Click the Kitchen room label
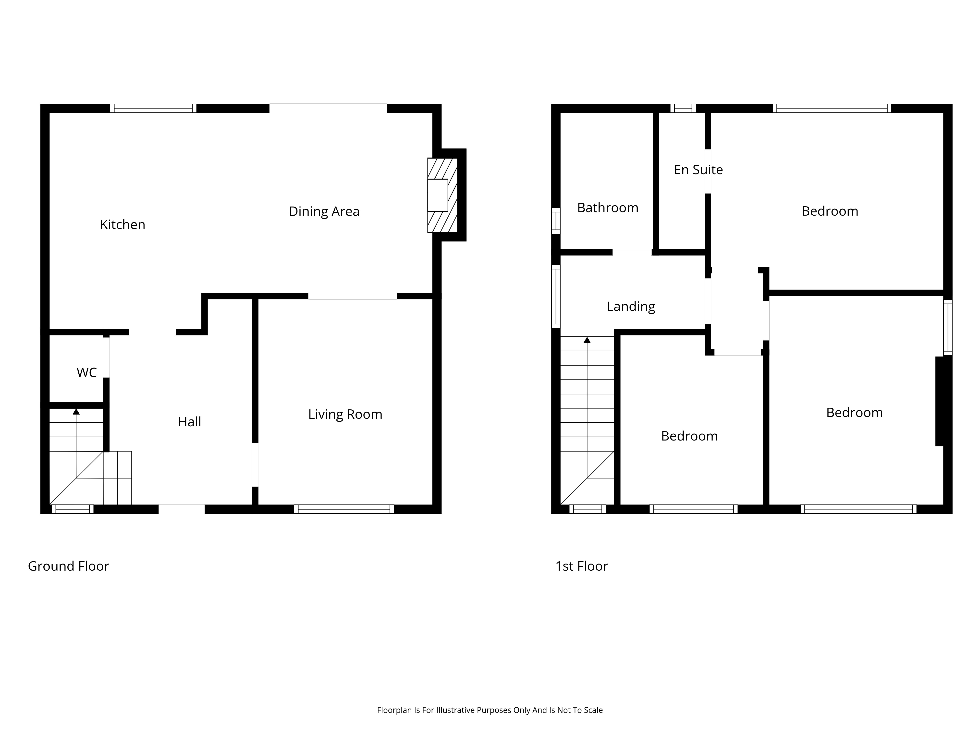[x=123, y=225]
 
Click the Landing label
[x=631, y=306]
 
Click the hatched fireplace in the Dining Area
[x=442, y=195]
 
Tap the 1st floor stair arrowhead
[x=587, y=340]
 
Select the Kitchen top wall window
[x=153, y=108]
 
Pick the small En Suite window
[x=683, y=108]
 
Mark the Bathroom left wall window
[x=556, y=221]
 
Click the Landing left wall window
[x=556, y=296]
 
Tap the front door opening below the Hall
[x=182, y=509]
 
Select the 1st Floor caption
[x=582, y=566]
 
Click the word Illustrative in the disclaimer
[x=455, y=710]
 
